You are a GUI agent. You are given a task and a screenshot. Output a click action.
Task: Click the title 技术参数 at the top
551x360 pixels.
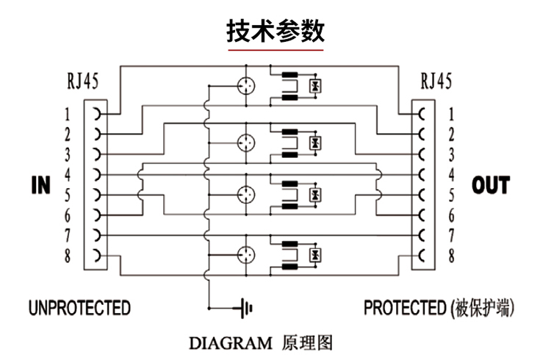275,30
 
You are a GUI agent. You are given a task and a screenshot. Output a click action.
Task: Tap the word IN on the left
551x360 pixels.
41,185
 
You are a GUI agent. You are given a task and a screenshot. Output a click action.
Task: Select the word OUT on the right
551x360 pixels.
490,185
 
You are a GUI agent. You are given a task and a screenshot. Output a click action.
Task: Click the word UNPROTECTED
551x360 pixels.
79,307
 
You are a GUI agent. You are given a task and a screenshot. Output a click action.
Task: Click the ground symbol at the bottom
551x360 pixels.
243,307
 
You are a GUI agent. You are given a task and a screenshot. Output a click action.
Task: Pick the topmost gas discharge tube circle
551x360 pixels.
246,85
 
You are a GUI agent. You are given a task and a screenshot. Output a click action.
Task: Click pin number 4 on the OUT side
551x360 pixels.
451,175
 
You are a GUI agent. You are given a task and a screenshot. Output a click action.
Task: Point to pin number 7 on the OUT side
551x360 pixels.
451,236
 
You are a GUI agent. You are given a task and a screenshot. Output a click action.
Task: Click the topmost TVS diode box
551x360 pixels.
315,86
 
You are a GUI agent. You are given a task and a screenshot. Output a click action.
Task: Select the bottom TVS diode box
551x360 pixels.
315,254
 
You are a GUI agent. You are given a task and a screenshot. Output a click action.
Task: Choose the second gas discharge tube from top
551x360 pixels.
246,141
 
